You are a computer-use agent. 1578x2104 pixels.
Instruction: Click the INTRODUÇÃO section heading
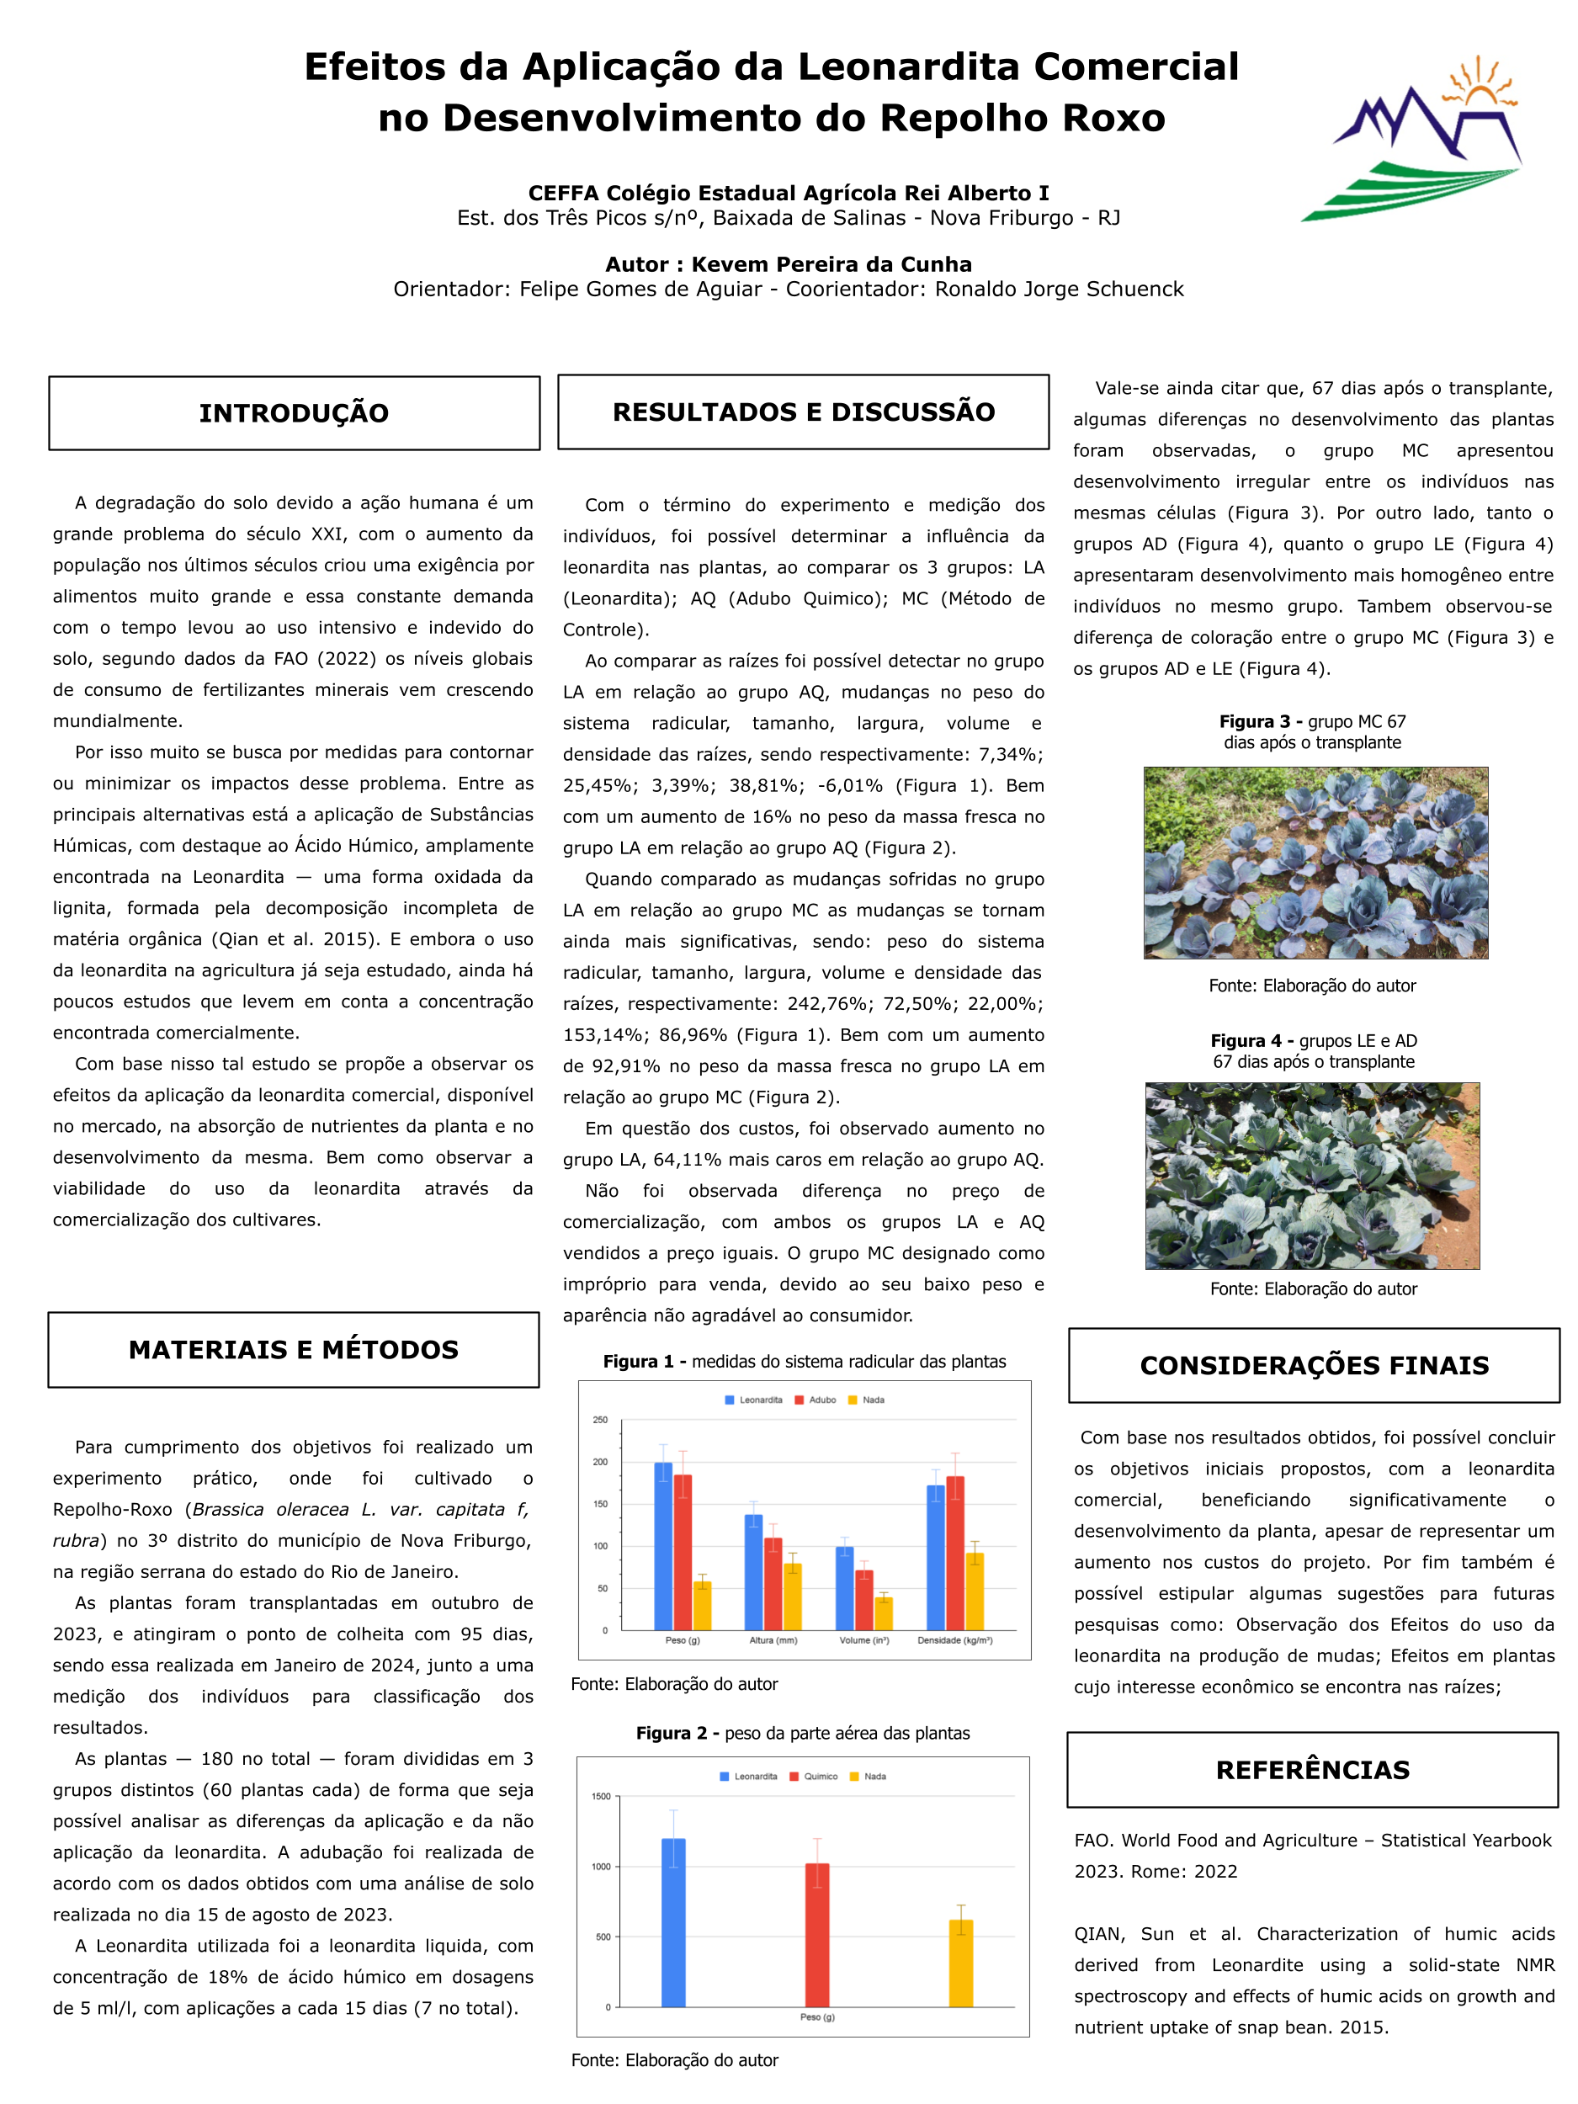(294, 413)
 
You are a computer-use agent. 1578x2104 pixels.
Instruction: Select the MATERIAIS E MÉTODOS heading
(293, 1350)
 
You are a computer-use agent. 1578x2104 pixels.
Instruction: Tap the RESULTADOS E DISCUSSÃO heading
(803, 412)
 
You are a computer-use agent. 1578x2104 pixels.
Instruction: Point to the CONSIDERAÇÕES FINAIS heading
(1314, 1365)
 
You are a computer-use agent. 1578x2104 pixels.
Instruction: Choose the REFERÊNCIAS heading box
(1312, 1770)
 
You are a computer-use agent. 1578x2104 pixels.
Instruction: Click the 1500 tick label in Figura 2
(601, 1797)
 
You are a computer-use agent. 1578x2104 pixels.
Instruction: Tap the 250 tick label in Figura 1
(600, 1420)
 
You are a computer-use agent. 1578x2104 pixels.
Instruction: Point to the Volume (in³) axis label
(863, 1641)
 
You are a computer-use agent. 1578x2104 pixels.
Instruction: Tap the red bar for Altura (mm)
(773, 1584)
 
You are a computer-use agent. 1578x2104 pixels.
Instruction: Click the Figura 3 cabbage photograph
(1315, 863)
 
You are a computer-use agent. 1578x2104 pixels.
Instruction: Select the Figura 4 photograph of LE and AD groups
(1312, 1176)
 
